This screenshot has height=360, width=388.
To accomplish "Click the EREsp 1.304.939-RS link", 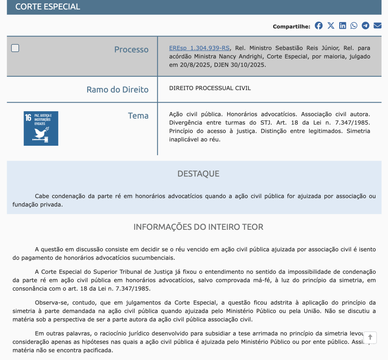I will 199,48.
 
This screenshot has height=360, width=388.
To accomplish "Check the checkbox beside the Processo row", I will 15,48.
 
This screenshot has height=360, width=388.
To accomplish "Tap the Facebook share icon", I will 319,26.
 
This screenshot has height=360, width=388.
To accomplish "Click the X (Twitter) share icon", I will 331,26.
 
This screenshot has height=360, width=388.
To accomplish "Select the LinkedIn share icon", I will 343,26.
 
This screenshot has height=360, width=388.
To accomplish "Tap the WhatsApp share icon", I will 354,26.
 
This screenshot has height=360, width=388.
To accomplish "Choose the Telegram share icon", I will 365,26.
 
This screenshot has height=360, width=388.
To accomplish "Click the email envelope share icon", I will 377,26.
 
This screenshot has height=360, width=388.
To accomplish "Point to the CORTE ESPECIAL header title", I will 48,7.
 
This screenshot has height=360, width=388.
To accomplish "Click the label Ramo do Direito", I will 117,90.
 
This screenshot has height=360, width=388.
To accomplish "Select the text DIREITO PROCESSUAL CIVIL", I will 210,88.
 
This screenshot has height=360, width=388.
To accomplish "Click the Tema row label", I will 138,116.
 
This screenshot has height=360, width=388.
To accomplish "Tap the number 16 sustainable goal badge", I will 41,128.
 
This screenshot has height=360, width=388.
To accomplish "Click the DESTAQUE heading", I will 198,174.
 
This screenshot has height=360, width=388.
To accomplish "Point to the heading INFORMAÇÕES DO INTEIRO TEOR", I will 198,227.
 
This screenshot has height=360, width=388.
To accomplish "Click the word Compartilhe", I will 291,26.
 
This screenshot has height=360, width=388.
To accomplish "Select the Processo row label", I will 131,50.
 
